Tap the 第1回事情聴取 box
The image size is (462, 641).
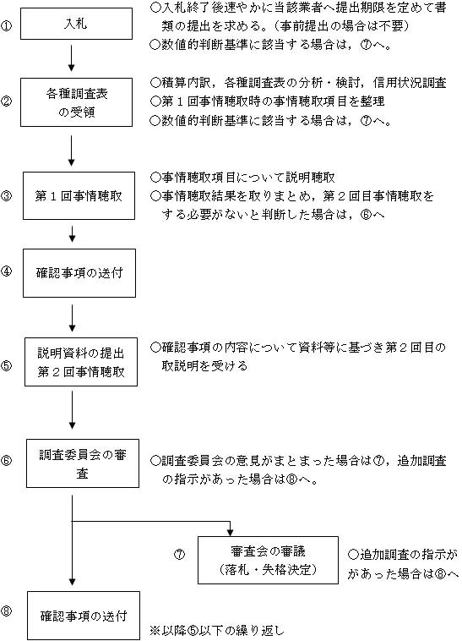(77, 194)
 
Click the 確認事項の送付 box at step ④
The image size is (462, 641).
(77, 272)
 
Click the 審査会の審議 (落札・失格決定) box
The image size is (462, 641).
(267, 560)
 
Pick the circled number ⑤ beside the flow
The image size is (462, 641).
(7, 366)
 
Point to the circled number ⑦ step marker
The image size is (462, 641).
(179, 555)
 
